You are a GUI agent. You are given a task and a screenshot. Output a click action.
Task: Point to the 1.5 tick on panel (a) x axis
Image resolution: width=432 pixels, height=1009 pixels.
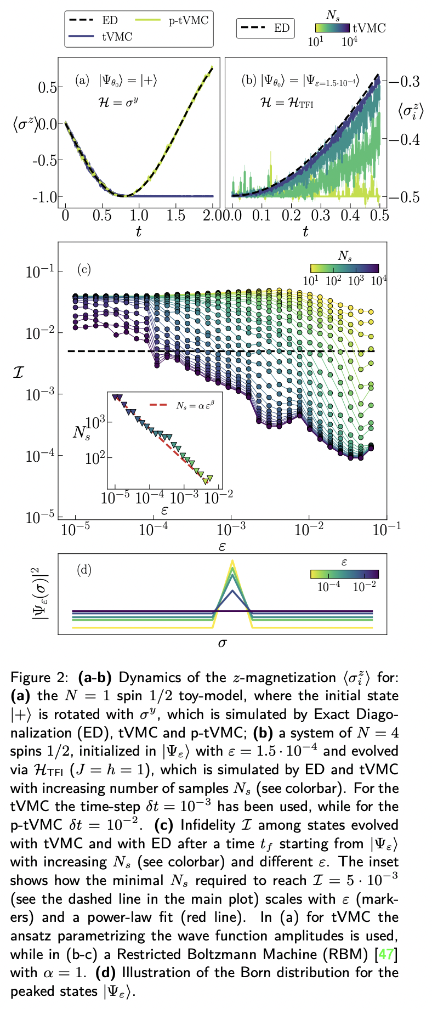175,215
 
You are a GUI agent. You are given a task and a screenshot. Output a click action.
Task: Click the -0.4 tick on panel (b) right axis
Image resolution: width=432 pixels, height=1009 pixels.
405,139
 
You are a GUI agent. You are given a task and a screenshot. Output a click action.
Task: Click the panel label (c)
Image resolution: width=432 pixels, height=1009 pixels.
84,269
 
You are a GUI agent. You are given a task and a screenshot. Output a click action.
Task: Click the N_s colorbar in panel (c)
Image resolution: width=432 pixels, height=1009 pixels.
344,268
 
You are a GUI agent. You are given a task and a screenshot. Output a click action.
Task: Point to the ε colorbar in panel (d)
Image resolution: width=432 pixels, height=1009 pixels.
344,574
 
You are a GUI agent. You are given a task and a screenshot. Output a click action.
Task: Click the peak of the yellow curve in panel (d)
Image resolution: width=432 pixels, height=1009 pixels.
232,561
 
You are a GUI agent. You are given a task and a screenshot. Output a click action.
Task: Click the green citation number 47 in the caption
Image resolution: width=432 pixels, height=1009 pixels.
386,954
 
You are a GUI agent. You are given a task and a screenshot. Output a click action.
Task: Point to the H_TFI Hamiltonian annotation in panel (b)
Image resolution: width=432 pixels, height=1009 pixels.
287,102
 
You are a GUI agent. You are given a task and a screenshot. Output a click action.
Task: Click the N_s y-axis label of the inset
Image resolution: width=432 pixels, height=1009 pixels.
81,432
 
